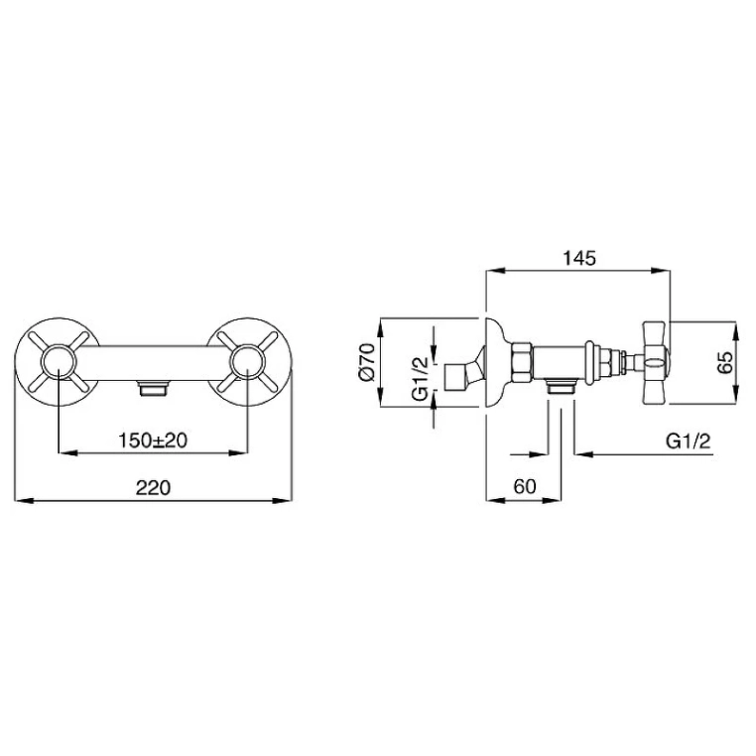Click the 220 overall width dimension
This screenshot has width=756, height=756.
(x=153, y=487)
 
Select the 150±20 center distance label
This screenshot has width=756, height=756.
(x=153, y=440)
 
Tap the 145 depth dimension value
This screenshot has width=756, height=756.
(x=579, y=258)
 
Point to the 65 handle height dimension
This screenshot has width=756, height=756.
(x=724, y=362)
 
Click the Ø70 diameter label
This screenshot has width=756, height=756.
(x=367, y=362)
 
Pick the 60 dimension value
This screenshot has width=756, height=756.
(x=525, y=486)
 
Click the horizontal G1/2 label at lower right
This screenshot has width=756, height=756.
(x=688, y=441)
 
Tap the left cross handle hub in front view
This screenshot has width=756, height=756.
(x=58, y=362)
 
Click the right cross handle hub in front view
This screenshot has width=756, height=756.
(x=247, y=362)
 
